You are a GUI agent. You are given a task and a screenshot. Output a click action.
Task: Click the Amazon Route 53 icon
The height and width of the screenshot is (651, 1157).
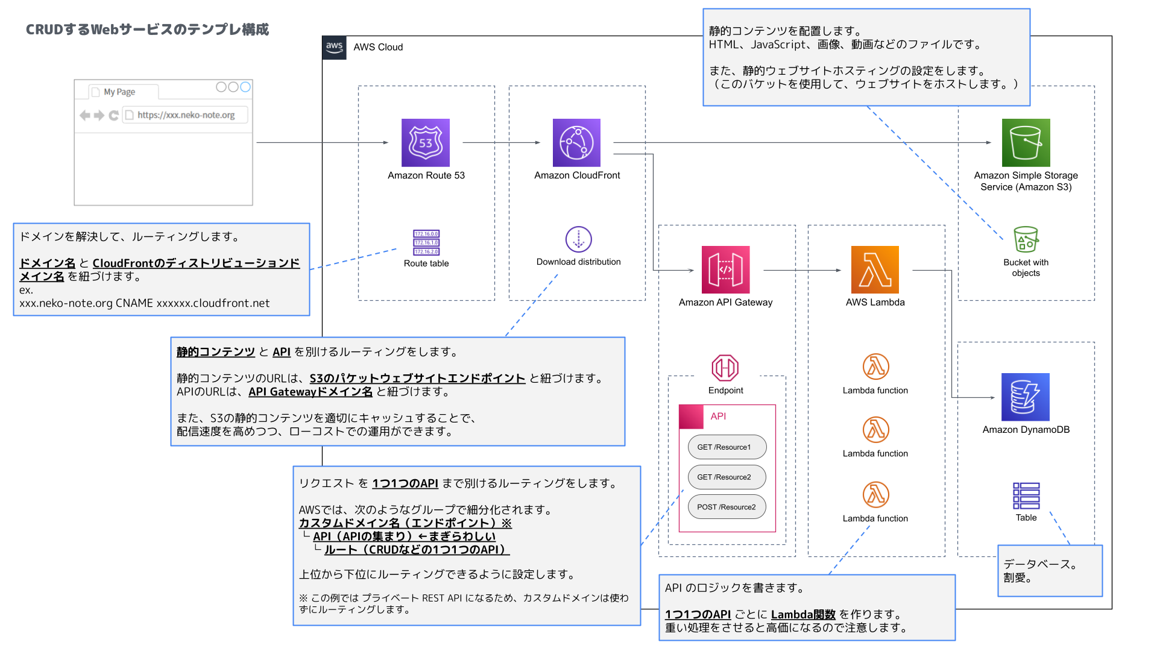coord(426,143)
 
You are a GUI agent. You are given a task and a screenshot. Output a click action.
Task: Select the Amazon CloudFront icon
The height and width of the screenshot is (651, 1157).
coord(576,143)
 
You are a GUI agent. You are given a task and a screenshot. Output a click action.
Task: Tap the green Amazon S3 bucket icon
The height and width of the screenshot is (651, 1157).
coord(1026,143)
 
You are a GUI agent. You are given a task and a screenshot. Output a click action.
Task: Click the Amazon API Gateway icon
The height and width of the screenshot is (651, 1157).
coord(725,269)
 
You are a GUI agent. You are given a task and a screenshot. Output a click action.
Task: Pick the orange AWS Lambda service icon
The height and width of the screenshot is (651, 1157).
coord(875,269)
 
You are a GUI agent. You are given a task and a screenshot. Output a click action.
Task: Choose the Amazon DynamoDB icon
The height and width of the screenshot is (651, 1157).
coord(1026,397)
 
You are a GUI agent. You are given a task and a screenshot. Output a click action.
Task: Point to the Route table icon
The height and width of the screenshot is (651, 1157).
coord(426,242)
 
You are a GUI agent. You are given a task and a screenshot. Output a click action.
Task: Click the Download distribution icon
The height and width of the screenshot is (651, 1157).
coord(579,239)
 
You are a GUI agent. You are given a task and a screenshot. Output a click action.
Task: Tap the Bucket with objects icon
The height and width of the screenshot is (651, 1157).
coord(1026,239)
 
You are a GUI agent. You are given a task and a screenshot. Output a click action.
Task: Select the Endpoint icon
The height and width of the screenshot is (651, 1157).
coord(725,368)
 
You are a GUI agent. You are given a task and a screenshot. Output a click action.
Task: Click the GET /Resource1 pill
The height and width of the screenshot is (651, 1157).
coord(727,447)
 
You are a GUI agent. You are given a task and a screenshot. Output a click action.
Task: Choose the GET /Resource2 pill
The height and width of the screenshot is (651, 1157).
coord(727,477)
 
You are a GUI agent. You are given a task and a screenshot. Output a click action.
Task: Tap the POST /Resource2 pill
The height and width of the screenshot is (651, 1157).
coord(727,507)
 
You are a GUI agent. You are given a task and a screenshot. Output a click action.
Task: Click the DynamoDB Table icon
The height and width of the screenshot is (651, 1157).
coord(1026,496)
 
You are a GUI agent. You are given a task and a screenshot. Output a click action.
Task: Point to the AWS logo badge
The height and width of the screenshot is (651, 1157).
coord(335,48)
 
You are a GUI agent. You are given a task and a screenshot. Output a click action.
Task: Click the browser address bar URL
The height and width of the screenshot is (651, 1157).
coord(186,115)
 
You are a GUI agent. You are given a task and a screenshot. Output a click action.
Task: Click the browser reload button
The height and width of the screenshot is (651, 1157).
coord(113,115)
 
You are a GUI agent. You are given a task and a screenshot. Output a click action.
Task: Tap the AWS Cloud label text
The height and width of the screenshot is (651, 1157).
coord(378,47)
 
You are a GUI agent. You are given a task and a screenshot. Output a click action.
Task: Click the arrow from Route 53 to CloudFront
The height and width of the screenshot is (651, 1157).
coord(502,143)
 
